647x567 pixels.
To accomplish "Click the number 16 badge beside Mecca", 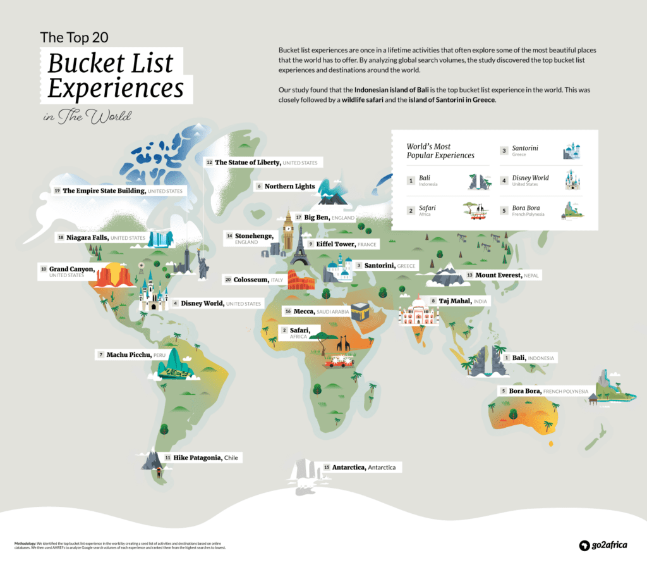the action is [287, 311].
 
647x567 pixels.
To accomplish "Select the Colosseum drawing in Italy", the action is [301, 280].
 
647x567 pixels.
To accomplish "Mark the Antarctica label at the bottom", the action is [363, 467].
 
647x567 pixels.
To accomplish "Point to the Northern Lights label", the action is [289, 186].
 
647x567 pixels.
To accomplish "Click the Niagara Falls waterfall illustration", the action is [160, 238].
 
